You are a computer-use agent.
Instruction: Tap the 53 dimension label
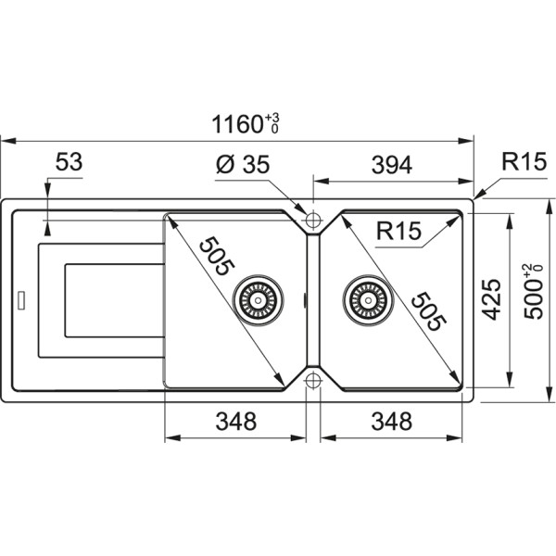pyautogui.click(x=69, y=162)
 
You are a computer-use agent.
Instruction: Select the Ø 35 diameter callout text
pyautogui.click(x=242, y=165)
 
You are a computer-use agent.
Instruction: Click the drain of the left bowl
pyautogui.click(x=255, y=298)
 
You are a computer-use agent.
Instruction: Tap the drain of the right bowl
pyautogui.click(x=363, y=298)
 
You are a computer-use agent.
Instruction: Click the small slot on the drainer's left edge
pyautogui.click(x=18, y=300)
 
